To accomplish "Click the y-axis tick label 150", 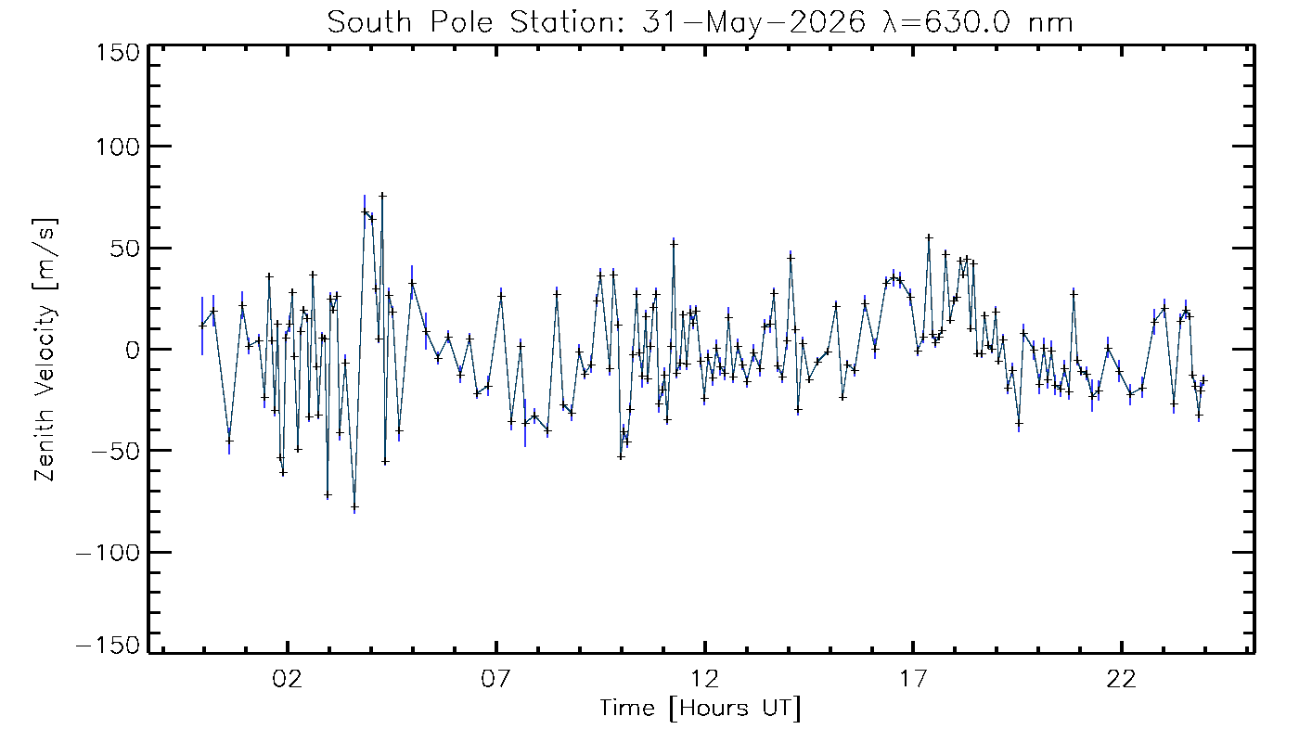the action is (x=118, y=54).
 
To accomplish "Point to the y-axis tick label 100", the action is (x=118, y=147).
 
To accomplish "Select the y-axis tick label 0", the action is (x=133, y=350).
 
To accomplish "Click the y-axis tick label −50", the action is (x=115, y=451).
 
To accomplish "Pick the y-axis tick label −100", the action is (x=109, y=553).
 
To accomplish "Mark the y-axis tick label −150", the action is (x=109, y=646).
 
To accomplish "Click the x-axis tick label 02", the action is (x=287, y=678).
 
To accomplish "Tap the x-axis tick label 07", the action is (x=495, y=678).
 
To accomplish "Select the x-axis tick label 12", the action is (x=704, y=678).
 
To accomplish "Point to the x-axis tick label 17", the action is (x=913, y=678).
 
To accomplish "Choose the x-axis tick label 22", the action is (x=1122, y=678).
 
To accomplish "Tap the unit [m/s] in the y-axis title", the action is (x=45, y=254).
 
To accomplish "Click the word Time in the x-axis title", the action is (x=627, y=708).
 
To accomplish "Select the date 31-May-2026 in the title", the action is (x=753, y=23).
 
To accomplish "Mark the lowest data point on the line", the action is (x=354, y=508).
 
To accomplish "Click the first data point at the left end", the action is (x=202, y=326).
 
